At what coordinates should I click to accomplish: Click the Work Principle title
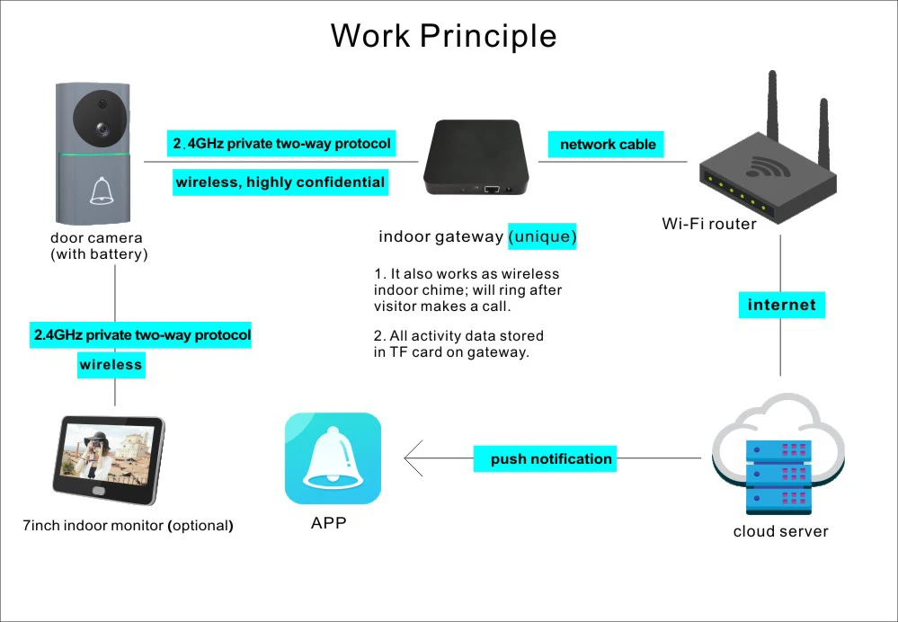click(443, 36)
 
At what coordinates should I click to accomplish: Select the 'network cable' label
click(608, 144)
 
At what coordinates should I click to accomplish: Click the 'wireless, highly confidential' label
click(280, 182)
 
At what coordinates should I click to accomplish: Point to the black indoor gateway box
click(474, 158)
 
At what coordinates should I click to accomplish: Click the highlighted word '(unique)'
click(542, 236)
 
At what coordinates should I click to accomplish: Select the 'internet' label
click(782, 305)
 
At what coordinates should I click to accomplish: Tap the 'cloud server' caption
click(780, 531)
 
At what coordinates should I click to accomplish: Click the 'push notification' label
click(551, 458)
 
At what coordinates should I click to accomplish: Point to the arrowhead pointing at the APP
click(411, 458)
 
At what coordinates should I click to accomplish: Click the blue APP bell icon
click(333, 458)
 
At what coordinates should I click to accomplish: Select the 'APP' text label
click(328, 522)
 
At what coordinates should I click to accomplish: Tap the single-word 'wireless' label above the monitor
click(111, 364)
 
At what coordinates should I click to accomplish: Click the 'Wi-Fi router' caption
click(709, 223)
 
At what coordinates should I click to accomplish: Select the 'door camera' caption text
click(96, 238)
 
